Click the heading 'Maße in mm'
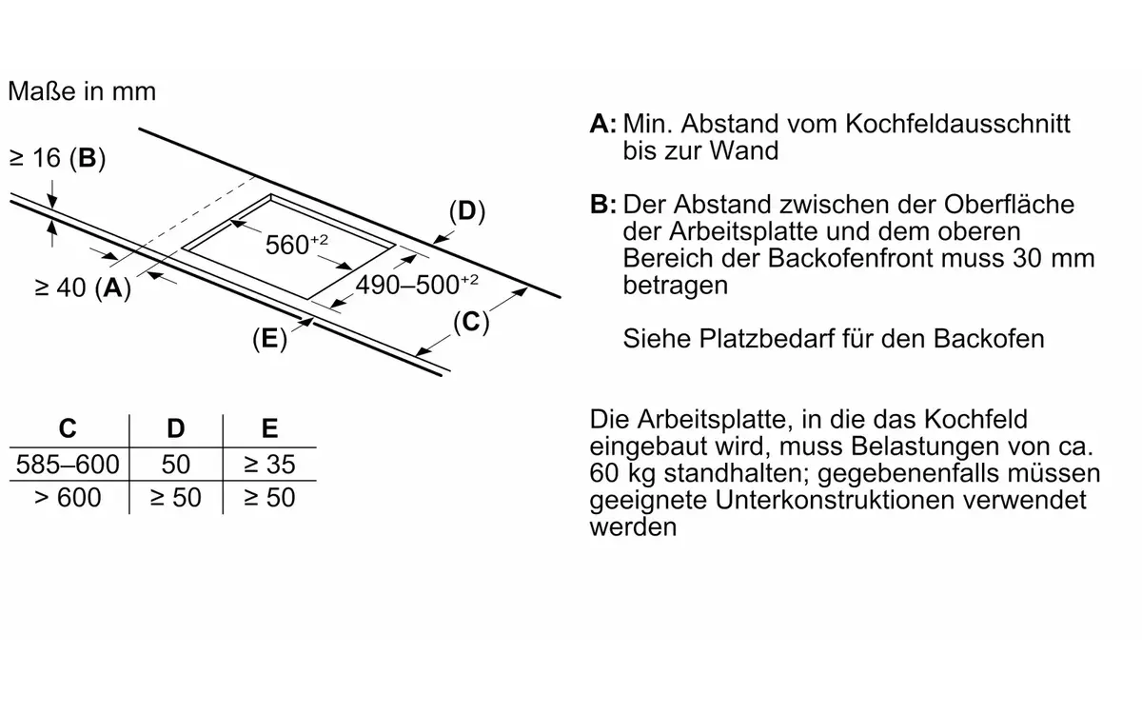click(82, 91)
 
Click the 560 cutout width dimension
click(296, 245)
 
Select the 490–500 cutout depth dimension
click(417, 285)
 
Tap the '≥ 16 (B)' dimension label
click(57, 158)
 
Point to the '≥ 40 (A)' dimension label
click(83, 288)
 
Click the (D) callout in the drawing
click(467, 211)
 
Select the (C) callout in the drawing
click(471, 323)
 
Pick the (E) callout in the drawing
click(269, 339)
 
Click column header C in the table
click(68, 428)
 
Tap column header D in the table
click(176, 428)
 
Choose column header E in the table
click(269, 428)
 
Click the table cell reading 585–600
click(68, 465)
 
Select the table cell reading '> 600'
click(68, 497)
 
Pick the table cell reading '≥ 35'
click(269, 465)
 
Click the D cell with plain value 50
click(176, 465)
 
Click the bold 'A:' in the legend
click(603, 124)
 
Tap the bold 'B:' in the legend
click(603, 205)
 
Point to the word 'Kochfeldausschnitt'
click(957, 124)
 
